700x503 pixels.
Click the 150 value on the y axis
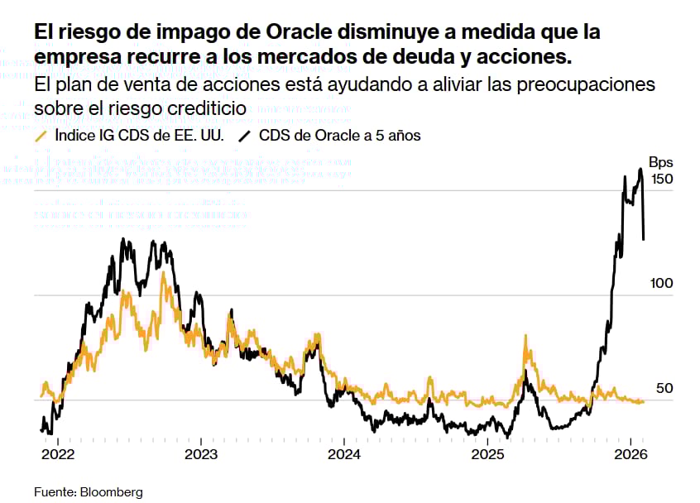pyautogui.click(x=662, y=180)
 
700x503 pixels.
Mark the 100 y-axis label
pyautogui.click(x=662, y=283)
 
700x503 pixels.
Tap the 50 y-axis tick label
pyautogui.click(x=665, y=388)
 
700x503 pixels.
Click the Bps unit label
pyautogui.click(x=661, y=162)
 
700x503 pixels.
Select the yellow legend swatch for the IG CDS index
pyautogui.click(x=41, y=136)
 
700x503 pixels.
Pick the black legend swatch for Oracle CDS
pyautogui.click(x=245, y=136)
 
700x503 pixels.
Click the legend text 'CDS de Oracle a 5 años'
pyautogui.click(x=339, y=136)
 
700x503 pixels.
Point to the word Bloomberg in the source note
pyautogui.click(x=111, y=491)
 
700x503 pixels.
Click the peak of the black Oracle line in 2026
pyautogui.click(x=640, y=170)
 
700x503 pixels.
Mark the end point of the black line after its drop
pyautogui.click(x=644, y=239)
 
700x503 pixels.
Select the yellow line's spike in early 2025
pyautogui.click(x=525, y=337)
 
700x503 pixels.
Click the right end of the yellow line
pyautogui.click(x=644, y=401)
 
